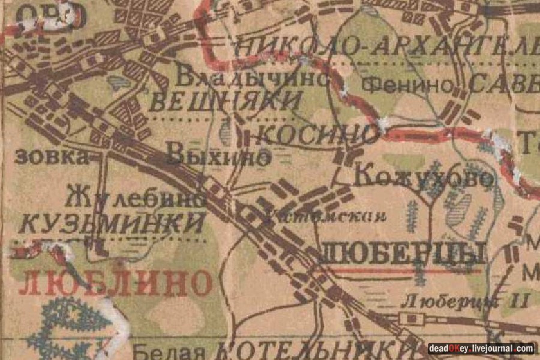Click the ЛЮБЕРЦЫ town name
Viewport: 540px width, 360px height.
coord(403,254)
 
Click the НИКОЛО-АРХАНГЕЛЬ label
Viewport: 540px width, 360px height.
coord(384,47)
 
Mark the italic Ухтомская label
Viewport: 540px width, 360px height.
coord(324,216)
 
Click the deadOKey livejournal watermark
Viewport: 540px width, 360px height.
coord(480,349)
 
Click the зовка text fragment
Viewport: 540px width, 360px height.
coord(50,157)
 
